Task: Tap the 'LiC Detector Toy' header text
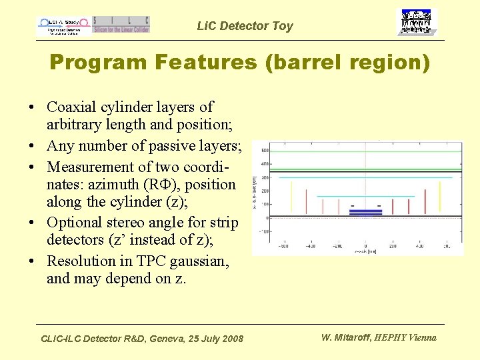tap(245, 26)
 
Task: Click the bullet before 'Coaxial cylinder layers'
tap(32, 107)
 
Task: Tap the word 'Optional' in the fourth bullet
tap(75, 222)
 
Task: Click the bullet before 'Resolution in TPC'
tap(32, 261)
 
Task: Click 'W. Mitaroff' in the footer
tap(346, 337)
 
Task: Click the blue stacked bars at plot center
tap(365, 212)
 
